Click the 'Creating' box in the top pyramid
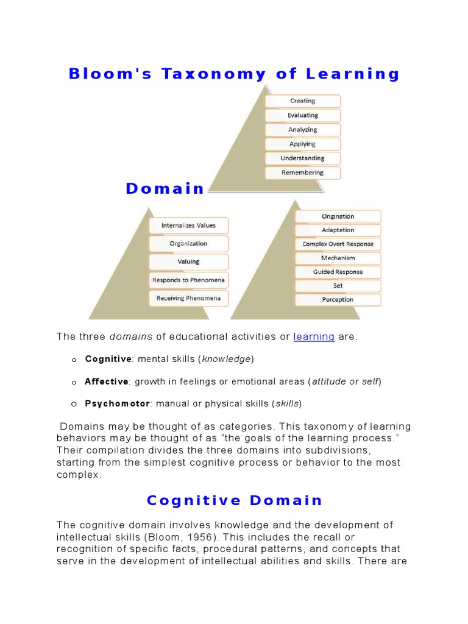pos(303,101)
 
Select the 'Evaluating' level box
pos(303,115)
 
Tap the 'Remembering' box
pos(303,172)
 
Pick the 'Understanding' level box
pos(303,158)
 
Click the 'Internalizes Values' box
pos(188,225)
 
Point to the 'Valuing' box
pos(188,262)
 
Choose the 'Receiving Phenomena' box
pos(188,299)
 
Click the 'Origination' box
pos(338,216)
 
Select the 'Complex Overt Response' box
pos(338,244)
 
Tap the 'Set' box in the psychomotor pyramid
pos(338,286)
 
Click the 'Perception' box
pos(338,300)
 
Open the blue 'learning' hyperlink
pos(314,337)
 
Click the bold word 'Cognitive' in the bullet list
pos(108,359)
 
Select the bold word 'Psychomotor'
pos(117,403)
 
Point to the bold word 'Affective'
pos(107,381)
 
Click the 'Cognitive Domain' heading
pos(234,501)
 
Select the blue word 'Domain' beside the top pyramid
pos(165,189)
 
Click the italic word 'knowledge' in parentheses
pos(226,359)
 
